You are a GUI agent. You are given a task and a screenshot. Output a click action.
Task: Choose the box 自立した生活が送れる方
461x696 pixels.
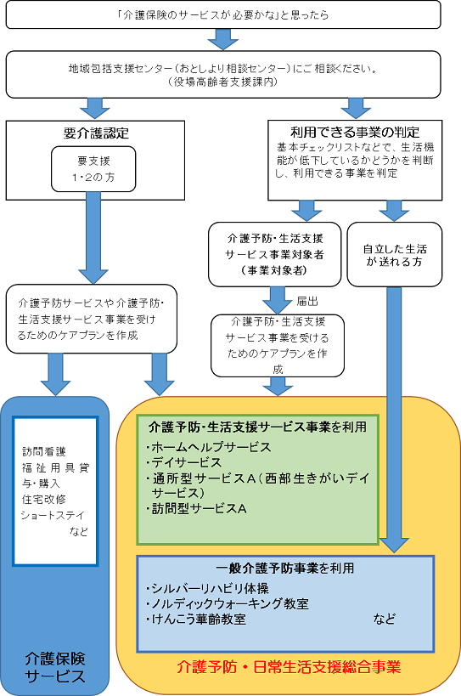point(395,254)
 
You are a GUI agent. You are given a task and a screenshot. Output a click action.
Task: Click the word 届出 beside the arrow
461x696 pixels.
point(307,301)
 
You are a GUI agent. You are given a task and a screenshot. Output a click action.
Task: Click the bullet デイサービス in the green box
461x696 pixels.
point(184,462)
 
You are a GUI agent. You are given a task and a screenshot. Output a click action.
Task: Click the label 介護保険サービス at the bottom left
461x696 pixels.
point(55,666)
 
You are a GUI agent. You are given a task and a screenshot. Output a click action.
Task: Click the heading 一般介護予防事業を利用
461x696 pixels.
point(284,568)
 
